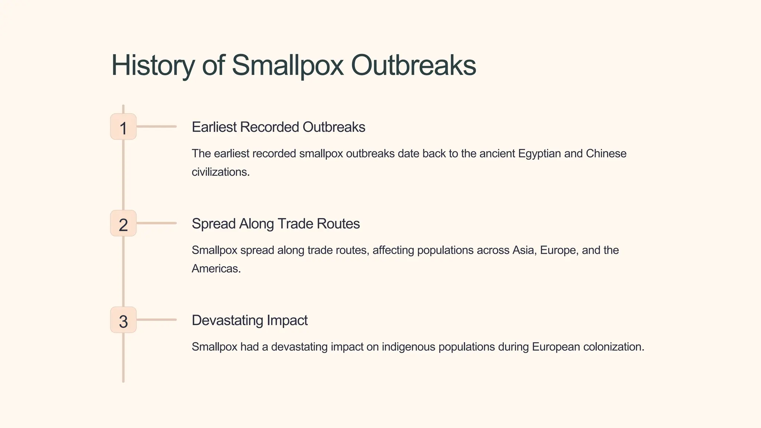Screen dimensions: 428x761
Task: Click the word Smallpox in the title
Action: pyautogui.click(x=288, y=65)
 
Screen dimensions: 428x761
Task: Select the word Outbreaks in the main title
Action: pyautogui.click(x=413, y=65)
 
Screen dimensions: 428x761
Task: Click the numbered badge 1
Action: pyautogui.click(x=123, y=127)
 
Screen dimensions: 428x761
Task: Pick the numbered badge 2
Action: pyautogui.click(x=123, y=224)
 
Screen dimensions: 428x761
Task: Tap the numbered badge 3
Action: pyautogui.click(x=123, y=320)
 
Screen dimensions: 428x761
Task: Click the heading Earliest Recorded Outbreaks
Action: pyautogui.click(x=278, y=127)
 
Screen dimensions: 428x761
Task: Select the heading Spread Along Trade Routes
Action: pyautogui.click(x=276, y=224)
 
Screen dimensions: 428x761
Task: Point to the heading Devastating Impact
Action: pyautogui.click(x=249, y=320)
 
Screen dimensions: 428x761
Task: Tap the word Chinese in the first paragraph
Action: pyautogui.click(x=606, y=153)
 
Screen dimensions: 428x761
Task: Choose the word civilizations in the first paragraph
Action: pyautogui.click(x=220, y=172)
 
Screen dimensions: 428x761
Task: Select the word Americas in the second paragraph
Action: pyautogui.click(x=216, y=269)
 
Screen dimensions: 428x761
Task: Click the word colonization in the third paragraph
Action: pyautogui.click(x=613, y=347)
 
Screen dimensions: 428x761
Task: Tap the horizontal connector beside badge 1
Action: pyautogui.click(x=156, y=127)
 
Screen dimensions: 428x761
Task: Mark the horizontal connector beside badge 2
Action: pyautogui.click(x=156, y=223)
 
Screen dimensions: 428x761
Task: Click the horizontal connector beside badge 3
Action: pyautogui.click(x=156, y=320)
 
